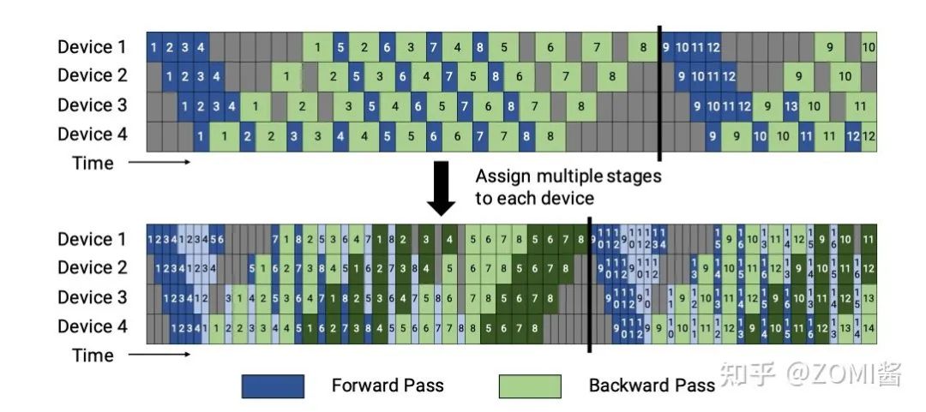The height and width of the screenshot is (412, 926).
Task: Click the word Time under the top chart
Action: tap(93, 163)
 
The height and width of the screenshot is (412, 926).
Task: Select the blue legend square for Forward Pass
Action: tap(273, 386)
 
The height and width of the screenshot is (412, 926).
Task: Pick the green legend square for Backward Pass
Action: tap(529, 386)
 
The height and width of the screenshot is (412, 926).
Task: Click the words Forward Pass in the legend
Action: tap(388, 385)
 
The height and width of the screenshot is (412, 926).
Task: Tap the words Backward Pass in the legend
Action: tap(651, 385)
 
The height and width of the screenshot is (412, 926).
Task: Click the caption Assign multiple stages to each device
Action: tap(568, 187)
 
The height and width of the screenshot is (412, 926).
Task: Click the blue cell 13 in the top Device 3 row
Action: tap(791, 107)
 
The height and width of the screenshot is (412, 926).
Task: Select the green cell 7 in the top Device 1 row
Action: tap(595, 47)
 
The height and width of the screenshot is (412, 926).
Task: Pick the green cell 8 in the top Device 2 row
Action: tap(611, 76)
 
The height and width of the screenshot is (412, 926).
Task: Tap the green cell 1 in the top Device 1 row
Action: tap(317, 47)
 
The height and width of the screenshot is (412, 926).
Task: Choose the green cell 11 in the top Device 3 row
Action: tap(860, 107)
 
